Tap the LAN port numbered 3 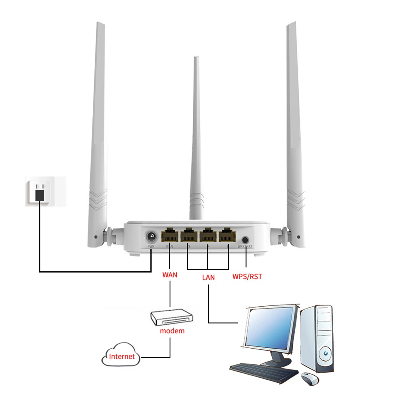pos(189,236)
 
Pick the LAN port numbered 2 pos(208,236)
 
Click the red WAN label pos(170,274)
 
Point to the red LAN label pos(208,277)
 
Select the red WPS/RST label pos(247,276)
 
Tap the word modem pos(172,331)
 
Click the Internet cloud pos(121,356)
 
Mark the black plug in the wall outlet pos(39,195)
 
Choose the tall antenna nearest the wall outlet pos(97,130)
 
